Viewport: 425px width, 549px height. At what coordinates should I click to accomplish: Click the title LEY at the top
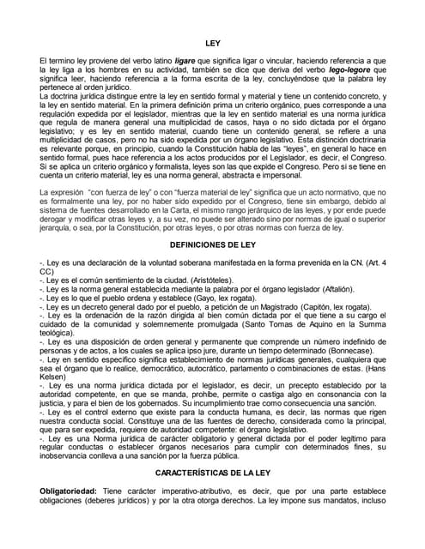(x=213, y=41)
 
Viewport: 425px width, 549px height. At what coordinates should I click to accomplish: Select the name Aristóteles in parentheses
(x=203, y=280)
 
